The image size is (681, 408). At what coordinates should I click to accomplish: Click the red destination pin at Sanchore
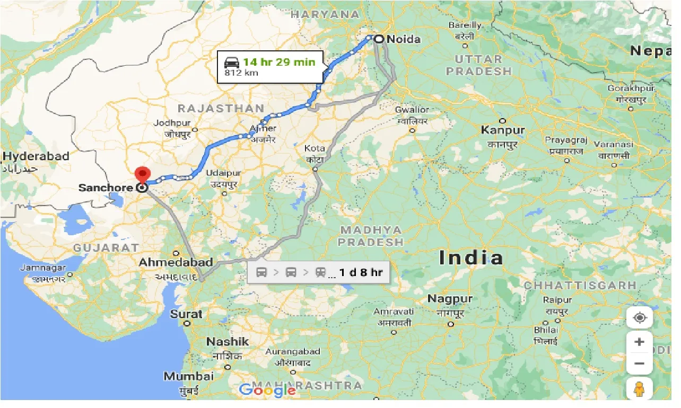coord(142,174)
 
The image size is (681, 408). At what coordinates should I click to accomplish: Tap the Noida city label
coord(404,39)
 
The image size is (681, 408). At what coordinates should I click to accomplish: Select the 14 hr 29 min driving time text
coord(279,62)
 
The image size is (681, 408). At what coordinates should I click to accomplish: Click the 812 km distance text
coord(241,73)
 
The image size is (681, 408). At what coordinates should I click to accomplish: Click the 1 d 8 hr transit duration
coord(361,273)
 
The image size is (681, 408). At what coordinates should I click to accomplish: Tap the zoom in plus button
coord(639,342)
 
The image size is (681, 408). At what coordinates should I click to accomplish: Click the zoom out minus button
coord(639,363)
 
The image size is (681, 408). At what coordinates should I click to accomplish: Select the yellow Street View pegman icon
coord(639,389)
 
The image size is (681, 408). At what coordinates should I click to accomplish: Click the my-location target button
coord(639,318)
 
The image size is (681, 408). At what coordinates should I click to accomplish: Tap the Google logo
coord(267,391)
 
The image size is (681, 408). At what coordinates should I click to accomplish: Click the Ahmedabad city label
coord(176,262)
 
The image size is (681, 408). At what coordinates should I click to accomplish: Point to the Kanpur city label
coord(503,130)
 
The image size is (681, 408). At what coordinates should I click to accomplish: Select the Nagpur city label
coord(450,299)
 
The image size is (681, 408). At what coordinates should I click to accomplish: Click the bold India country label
coord(471,258)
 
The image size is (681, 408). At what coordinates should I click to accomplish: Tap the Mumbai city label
coord(188,377)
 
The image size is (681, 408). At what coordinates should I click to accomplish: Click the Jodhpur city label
coord(171,123)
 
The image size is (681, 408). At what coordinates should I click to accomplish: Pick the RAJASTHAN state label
coord(221,109)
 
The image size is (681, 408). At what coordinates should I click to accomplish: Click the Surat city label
coord(186,314)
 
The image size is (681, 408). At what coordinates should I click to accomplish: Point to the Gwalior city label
coord(412,110)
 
